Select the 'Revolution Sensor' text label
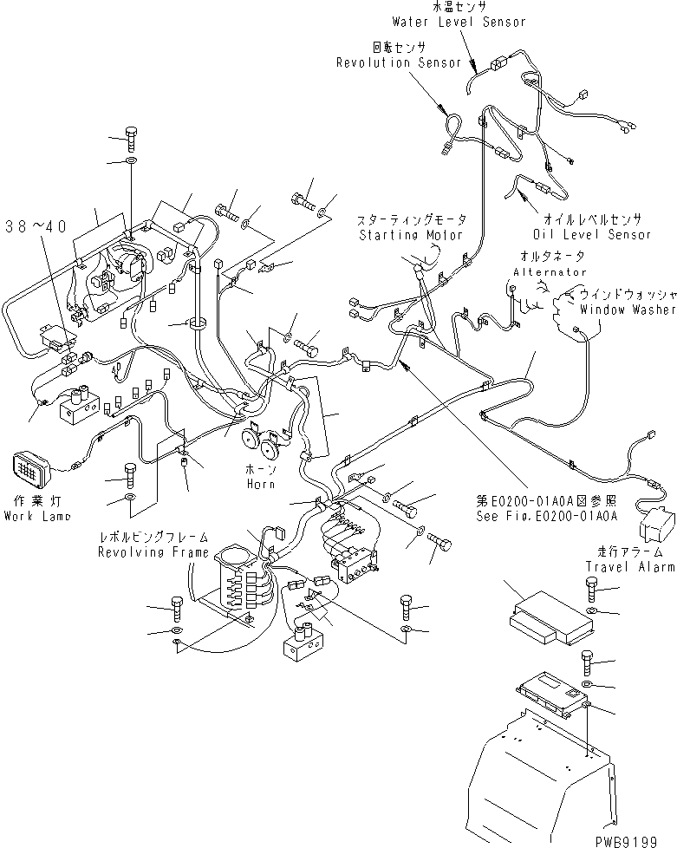click(x=398, y=62)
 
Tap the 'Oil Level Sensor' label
click(x=593, y=234)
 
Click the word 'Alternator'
click(x=550, y=271)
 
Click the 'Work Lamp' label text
click(x=36, y=516)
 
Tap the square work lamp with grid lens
click(x=28, y=471)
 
